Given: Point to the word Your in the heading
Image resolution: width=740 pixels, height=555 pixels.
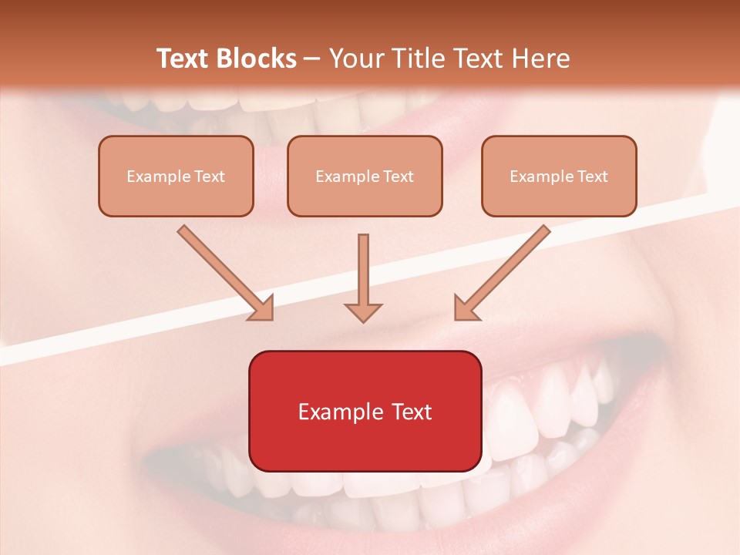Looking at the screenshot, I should (x=355, y=59).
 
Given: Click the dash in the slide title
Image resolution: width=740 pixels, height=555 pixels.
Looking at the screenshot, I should (x=312, y=59).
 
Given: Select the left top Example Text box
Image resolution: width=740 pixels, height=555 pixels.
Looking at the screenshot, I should (x=176, y=176).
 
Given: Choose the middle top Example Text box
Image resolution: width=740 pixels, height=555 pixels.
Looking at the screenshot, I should (x=365, y=176).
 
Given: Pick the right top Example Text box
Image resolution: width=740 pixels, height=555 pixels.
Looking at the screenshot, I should (x=559, y=176).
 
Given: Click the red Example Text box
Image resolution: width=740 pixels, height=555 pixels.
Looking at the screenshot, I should (x=365, y=411).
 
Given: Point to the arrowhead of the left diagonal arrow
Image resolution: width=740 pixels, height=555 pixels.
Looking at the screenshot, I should (x=262, y=308).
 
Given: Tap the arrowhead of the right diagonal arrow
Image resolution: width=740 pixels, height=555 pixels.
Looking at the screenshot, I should (x=466, y=308).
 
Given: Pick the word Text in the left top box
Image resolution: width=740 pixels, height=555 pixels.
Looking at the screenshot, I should (x=209, y=177).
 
